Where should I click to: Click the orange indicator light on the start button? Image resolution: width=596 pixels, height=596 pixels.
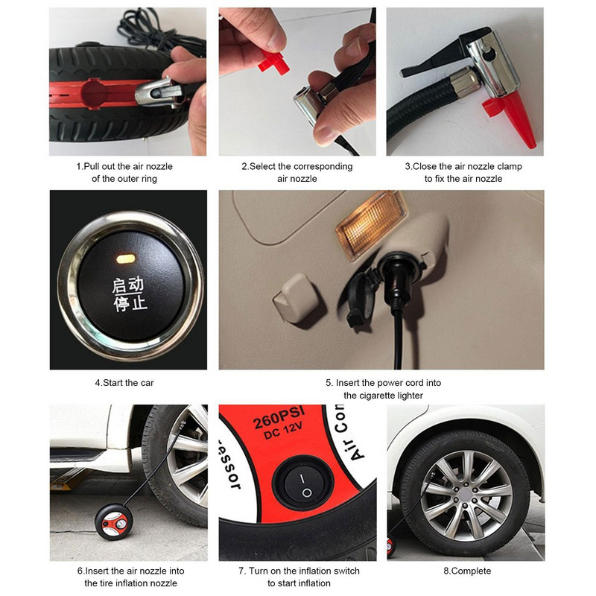[x=126, y=259]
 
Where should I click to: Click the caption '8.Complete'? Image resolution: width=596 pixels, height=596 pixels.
[x=467, y=571]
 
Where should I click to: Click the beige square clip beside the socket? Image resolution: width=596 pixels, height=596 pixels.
[x=297, y=297]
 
